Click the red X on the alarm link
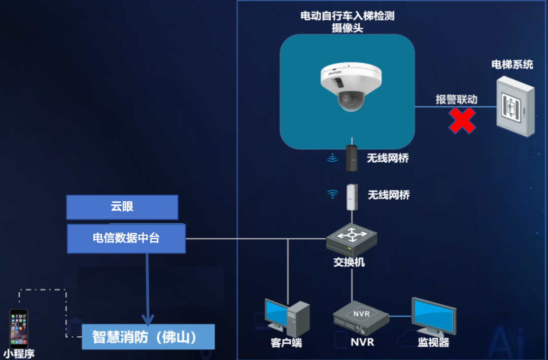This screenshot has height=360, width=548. pos(462,121)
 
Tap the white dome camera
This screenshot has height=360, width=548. pos(351,87)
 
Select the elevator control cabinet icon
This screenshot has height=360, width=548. pos(516,106)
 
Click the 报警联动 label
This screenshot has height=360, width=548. pos(457,99)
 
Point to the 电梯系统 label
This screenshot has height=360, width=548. pos(512,64)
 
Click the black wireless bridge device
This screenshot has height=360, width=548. pos(352,158)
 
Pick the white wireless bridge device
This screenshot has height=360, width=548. pos(352,197)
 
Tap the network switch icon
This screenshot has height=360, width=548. pos(352,239)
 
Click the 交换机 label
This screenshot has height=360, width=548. pos(349,262)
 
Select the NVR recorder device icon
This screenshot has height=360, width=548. pos(361,317)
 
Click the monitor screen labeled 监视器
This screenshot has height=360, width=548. pos(434,317)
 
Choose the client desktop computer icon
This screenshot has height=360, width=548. pos(287,318)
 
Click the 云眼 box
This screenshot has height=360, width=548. pos(122,207)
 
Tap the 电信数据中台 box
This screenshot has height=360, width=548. pos(126,238)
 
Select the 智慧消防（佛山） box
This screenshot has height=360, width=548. pos(148,337)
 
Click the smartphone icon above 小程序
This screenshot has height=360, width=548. pos(19,329)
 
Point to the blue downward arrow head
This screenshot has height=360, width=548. pos(148,319)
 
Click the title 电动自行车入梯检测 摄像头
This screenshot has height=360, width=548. pos(348,22)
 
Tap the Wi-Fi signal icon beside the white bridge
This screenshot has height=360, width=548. pos(332,194)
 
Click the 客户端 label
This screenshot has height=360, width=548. pos(286,343)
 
